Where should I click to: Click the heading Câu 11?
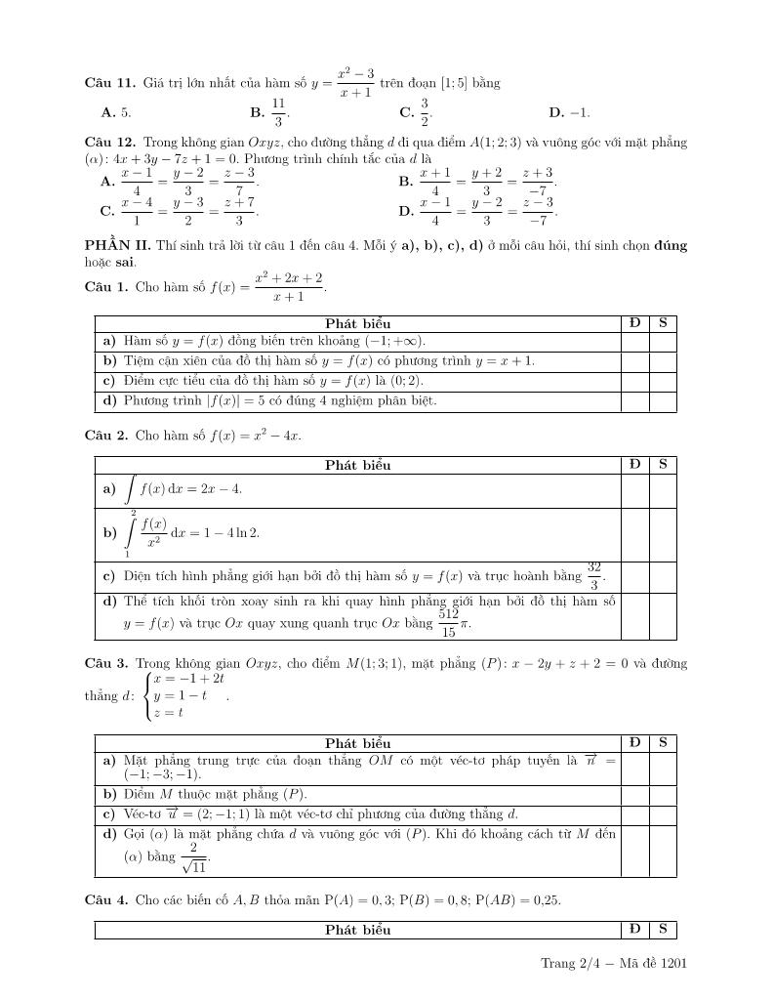pyautogui.click(x=108, y=83)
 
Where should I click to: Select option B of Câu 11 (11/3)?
pyautogui.click(x=278, y=113)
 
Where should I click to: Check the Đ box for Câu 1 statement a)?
pyautogui.click(x=634, y=342)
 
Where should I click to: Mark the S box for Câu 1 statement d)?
pyautogui.click(x=663, y=401)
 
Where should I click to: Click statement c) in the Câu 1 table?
pyautogui.click(x=264, y=381)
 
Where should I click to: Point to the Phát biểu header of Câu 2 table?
pyautogui.click(x=357, y=465)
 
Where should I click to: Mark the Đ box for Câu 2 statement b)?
pyautogui.click(x=634, y=533)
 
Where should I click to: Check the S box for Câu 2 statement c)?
pyautogui.click(x=663, y=575)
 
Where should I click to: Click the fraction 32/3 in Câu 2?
pyautogui.click(x=593, y=575)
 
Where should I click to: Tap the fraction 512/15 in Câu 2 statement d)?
pyautogui.click(x=448, y=622)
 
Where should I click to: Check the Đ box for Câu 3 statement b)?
pyautogui.click(x=634, y=795)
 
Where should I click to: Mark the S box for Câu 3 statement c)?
pyautogui.click(x=663, y=814)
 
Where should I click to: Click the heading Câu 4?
pyautogui.click(x=106, y=899)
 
